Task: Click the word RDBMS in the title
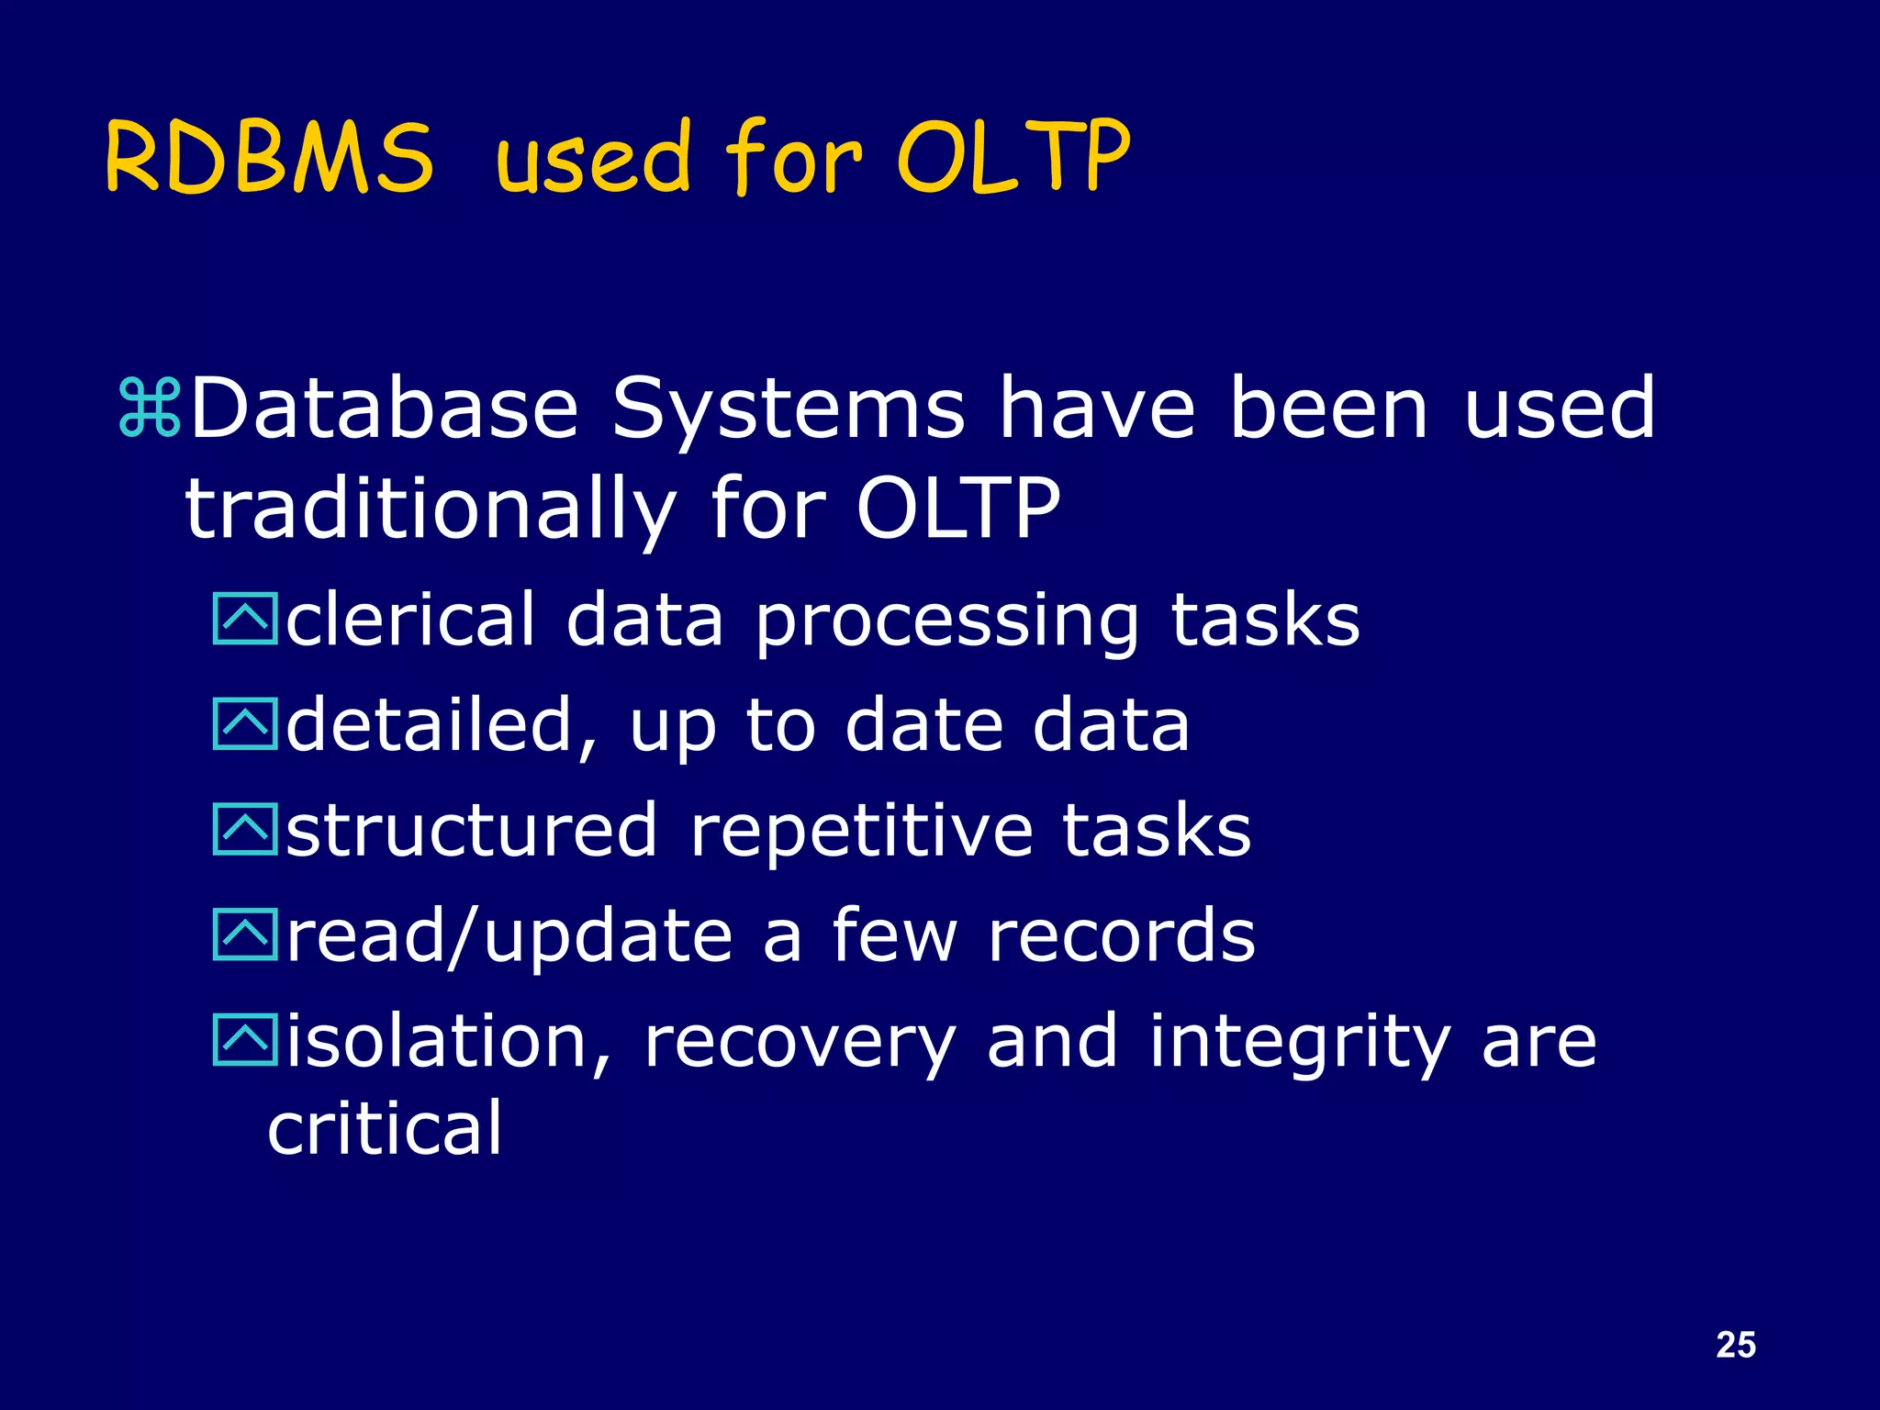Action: [x=269, y=158]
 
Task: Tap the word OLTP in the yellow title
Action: [x=1013, y=158]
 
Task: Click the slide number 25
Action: [x=1735, y=1344]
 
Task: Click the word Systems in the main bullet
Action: [x=788, y=409]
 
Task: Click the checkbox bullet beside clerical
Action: [x=244, y=619]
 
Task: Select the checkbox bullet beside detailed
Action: [x=244, y=724]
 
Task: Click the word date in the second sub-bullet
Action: [x=923, y=725]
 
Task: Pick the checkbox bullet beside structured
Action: [x=244, y=829]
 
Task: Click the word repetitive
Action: [x=860, y=831]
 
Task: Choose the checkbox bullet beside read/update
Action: [x=244, y=934]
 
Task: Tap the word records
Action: [x=1121, y=936]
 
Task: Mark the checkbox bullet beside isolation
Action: [x=244, y=1040]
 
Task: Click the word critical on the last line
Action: [x=385, y=1127]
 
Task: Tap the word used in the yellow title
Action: [x=593, y=158]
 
